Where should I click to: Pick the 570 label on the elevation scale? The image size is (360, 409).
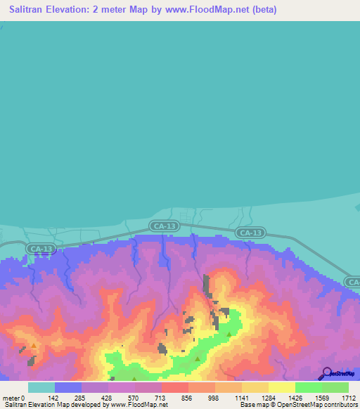point(134,397)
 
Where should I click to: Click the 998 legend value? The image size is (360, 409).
point(214,397)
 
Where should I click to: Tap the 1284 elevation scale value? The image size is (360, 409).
point(267,397)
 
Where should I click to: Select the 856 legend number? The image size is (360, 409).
point(187,397)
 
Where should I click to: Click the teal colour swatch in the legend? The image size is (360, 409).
point(41,387)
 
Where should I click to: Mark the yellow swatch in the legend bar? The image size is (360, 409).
point(281,387)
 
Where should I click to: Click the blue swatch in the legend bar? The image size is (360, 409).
point(68,387)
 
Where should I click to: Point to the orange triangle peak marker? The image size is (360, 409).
point(33,346)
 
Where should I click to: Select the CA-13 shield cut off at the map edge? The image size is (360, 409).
point(353,282)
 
